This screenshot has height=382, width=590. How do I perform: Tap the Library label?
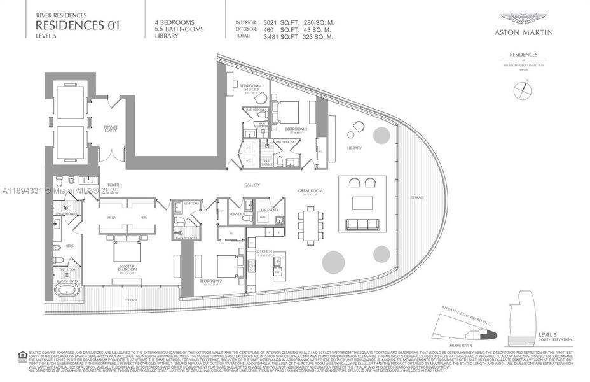pos(354,148)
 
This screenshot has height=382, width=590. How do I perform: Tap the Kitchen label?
pos(264,252)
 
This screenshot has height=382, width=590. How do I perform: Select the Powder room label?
pos(237,215)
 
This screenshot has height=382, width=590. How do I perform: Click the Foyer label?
pos(113,185)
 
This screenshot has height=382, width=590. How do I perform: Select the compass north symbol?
pos(523,90)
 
